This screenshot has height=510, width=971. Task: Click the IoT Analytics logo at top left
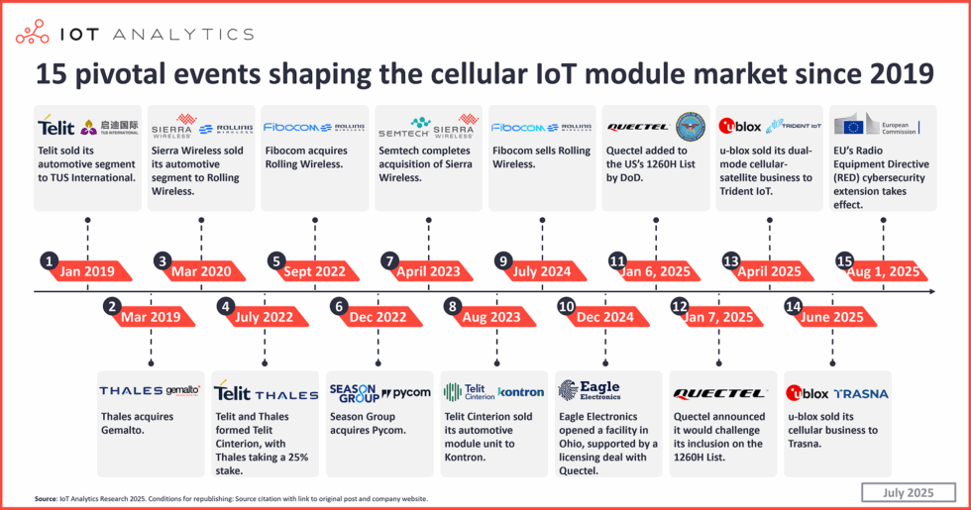click(134, 34)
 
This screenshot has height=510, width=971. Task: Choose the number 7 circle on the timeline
click(389, 261)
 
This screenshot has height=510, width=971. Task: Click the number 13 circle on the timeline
click(732, 261)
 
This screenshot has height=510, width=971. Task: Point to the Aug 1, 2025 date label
click(885, 270)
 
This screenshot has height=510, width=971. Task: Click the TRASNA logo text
click(861, 392)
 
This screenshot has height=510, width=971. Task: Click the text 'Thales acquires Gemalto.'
click(137, 424)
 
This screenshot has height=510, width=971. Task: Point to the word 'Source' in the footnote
click(46, 499)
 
